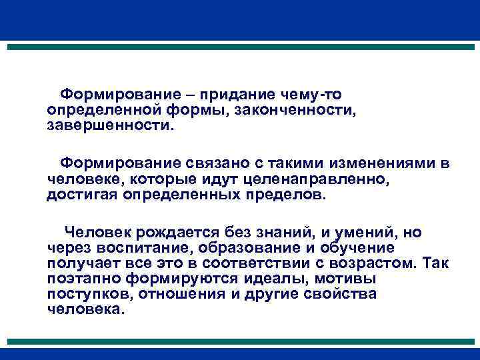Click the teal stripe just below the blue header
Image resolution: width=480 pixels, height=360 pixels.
pyautogui.click(x=240, y=48)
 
